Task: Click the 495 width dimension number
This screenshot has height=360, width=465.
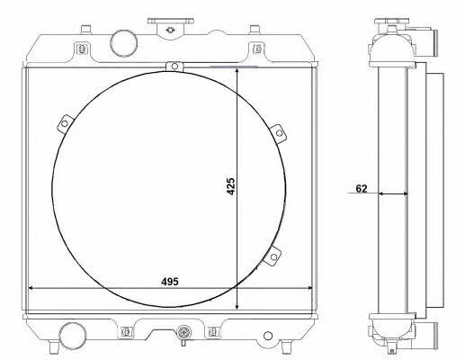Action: coord(170,282)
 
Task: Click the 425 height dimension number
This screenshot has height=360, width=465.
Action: coord(231,186)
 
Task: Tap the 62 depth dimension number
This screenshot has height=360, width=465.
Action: coord(362,188)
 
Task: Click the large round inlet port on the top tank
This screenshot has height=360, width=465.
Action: coord(124,43)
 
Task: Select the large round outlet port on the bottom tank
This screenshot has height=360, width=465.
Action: coord(73,336)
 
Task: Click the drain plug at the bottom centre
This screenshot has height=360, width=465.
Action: coord(183,334)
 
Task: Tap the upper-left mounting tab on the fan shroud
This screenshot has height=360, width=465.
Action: coord(66,123)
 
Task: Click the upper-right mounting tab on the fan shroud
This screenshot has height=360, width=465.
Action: coord(278,134)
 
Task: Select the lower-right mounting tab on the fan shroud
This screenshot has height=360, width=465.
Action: coord(273,256)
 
